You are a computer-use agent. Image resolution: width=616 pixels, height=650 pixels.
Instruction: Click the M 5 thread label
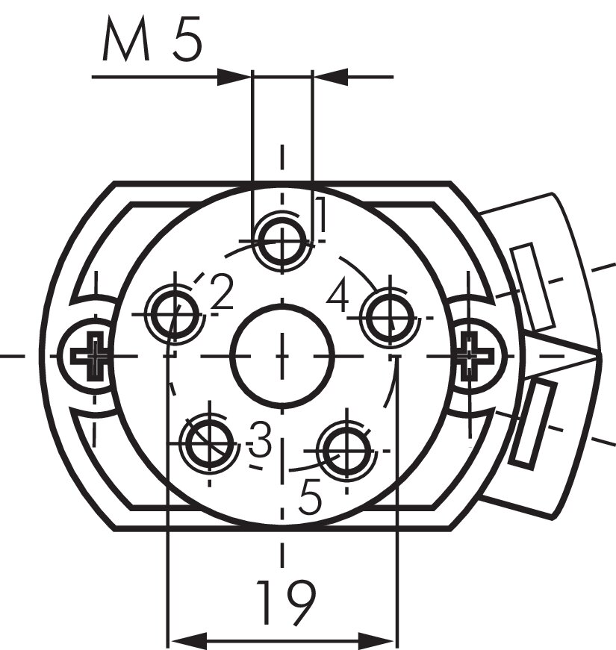(152, 40)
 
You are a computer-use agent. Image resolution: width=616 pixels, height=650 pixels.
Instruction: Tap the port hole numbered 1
(282, 241)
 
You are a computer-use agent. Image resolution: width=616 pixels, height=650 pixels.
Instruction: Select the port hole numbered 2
(175, 314)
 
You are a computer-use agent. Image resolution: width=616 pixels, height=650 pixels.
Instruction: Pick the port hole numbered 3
(210, 443)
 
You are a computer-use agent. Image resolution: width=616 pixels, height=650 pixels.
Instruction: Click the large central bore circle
(282, 356)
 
